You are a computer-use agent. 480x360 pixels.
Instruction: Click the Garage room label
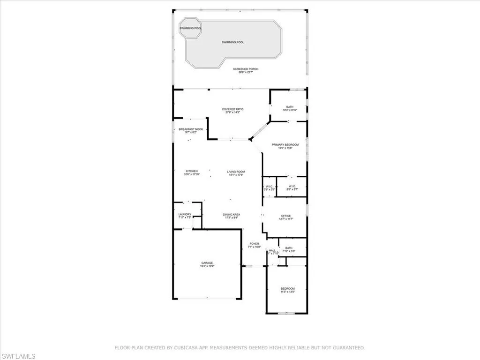207,264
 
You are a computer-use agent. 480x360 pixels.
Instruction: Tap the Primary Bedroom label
285,146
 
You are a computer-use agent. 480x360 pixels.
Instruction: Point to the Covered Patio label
232,111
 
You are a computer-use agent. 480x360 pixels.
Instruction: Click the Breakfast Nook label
191,130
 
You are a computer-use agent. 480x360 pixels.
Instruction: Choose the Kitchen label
191,172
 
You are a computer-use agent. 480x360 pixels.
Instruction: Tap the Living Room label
236,173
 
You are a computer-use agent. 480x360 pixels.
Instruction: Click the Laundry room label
185,216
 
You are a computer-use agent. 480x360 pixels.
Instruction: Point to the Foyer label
254,245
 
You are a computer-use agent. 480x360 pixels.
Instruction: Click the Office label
286,217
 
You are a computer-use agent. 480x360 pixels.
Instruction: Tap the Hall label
272,252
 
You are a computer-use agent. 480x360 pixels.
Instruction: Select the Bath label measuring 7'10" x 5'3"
289,249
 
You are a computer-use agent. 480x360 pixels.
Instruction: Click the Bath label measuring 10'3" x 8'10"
290,108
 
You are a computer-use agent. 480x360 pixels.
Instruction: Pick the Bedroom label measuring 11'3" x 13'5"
288,290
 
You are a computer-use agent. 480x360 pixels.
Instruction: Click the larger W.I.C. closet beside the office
292,188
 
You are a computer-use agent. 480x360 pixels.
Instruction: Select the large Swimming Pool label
233,42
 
